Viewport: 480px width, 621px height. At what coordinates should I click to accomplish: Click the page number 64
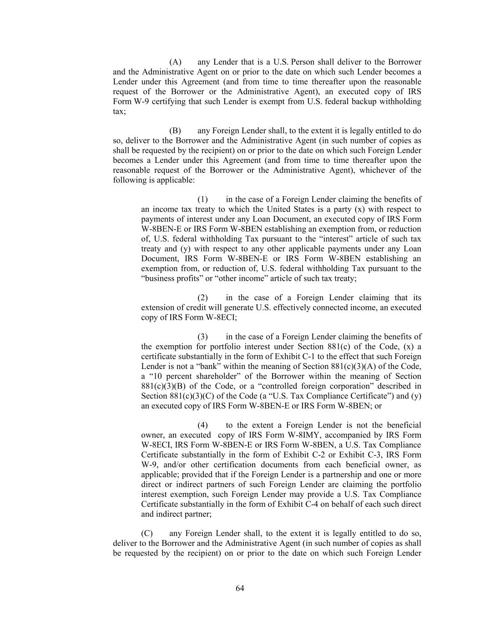[x=240, y=588]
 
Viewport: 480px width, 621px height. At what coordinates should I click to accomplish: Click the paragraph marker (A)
[x=175, y=62]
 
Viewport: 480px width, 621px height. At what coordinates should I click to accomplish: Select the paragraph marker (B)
[x=175, y=131]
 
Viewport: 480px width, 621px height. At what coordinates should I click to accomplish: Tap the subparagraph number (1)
[x=202, y=199]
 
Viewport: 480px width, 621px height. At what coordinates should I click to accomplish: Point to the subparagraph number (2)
[x=202, y=298]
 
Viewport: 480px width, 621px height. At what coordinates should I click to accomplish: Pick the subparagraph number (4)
[x=202, y=425]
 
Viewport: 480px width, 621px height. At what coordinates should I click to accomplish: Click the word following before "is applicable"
[x=129, y=180]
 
